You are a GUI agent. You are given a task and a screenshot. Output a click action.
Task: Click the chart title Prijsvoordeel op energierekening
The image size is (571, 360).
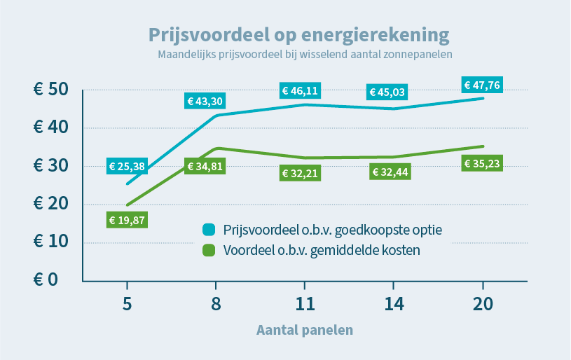[298, 34]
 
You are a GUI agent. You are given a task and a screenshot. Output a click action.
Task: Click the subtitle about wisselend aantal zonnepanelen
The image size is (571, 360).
[305, 54]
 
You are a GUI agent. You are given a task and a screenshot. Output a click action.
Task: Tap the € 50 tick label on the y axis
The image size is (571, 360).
[50, 90]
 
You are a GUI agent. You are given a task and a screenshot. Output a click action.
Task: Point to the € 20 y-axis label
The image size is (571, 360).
[50, 205]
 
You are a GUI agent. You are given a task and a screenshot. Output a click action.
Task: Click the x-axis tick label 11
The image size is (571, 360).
[305, 305]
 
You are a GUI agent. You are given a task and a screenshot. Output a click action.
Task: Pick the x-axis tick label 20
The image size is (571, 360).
[483, 305]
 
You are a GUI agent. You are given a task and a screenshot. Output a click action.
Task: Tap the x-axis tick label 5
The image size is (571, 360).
[127, 305]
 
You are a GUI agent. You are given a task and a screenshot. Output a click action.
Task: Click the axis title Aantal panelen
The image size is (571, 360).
[305, 329]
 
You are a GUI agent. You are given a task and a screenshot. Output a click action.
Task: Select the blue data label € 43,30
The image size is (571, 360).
[205, 102]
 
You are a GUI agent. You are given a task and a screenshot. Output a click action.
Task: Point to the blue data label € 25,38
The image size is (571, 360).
[127, 166]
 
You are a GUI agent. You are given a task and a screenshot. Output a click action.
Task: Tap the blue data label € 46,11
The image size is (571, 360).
[300, 90]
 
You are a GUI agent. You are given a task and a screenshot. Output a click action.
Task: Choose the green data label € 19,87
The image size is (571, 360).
[127, 220]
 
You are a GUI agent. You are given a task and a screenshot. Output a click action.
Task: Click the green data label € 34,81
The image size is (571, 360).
[205, 166]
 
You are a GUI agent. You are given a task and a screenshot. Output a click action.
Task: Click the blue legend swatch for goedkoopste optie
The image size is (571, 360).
[208, 230]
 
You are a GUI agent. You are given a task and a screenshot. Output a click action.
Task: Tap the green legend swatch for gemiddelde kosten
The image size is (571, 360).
[208, 250]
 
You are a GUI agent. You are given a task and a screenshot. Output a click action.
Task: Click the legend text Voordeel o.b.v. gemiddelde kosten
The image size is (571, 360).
[322, 250]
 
